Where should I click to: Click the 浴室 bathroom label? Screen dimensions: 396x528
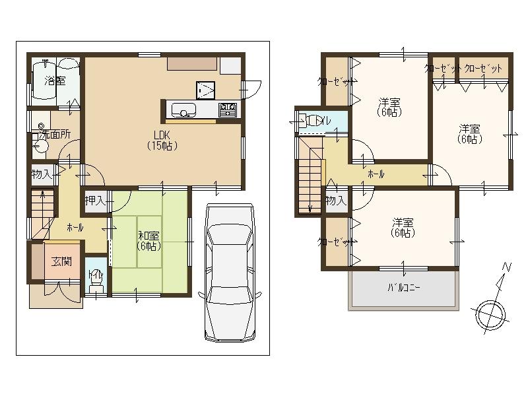[55, 81]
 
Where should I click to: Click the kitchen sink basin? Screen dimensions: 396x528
[182, 110]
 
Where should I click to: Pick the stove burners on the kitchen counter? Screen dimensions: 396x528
[228, 110]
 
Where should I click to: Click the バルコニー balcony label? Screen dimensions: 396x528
[403, 288]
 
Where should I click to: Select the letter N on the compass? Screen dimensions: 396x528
[506, 267]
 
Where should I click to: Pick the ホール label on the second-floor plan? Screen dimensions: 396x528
[376, 175]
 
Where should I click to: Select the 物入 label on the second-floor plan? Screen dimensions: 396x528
[336, 200]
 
